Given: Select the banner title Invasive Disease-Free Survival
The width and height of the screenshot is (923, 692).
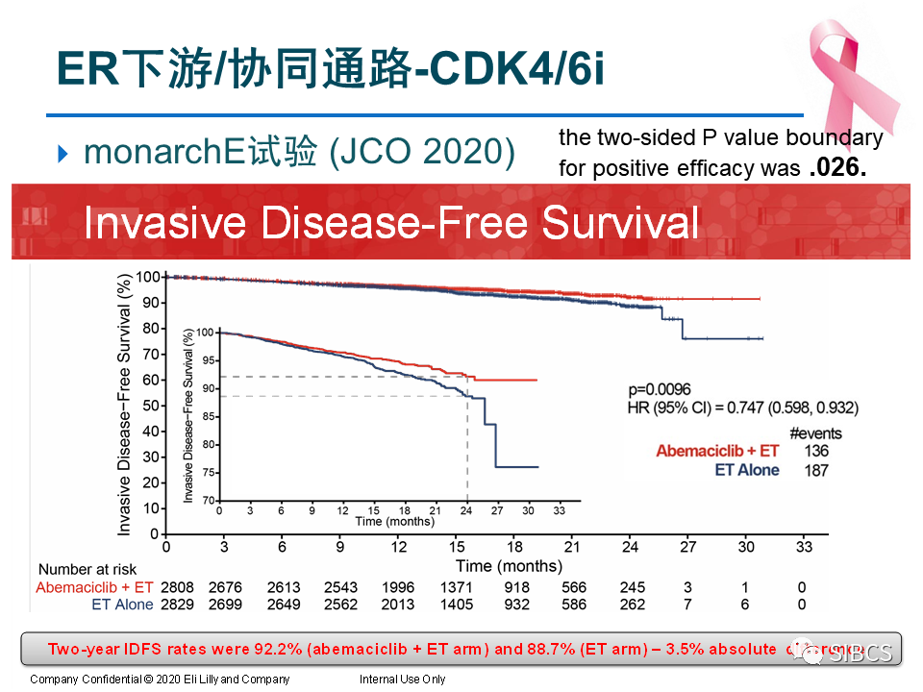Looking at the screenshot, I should pos(390,223).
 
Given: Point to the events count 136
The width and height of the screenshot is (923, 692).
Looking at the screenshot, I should pos(816,451).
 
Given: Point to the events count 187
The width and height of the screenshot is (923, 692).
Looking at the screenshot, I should pos(816,470).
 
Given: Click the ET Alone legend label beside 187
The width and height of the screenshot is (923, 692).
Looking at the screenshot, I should pos(746,470).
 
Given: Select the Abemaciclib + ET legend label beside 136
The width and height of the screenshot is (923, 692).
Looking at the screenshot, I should pos(717,451).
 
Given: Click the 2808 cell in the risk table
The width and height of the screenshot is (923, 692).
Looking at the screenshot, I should pos(178,587).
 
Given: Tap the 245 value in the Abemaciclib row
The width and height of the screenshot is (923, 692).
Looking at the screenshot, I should pos(632,587).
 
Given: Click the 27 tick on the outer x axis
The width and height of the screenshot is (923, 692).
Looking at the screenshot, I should pos(688,547).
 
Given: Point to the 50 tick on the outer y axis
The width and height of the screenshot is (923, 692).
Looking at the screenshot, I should pos(149,406).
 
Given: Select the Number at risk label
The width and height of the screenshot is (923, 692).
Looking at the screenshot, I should pos(87,569).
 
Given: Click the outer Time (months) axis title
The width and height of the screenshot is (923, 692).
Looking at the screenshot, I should pos(509,565).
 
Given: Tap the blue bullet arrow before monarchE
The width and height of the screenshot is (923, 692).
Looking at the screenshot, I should pos(63,153).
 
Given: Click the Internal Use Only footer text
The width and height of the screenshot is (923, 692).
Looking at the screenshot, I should pos(403,680).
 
